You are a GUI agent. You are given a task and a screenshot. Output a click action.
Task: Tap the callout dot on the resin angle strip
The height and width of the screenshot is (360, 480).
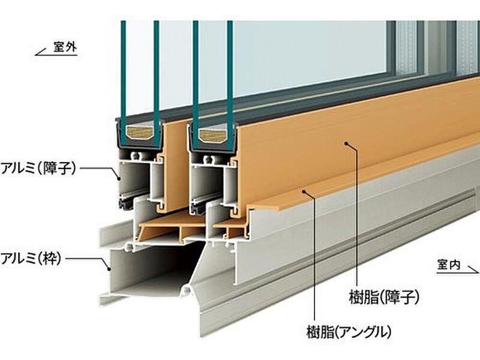(x=305, y=191)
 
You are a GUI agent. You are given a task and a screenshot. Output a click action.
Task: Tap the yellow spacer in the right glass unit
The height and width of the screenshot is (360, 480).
(x=212, y=131)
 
